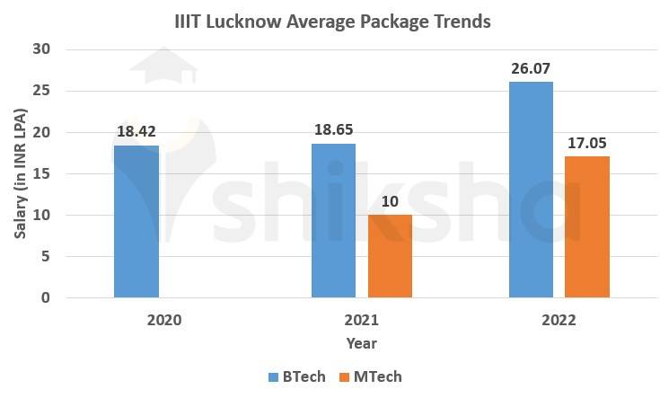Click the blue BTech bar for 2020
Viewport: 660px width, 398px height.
tap(136, 221)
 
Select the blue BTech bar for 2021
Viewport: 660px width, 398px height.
tap(333, 220)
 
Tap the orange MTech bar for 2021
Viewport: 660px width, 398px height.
tap(390, 256)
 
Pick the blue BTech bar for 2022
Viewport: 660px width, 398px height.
tap(531, 190)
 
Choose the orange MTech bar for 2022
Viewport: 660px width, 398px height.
tap(587, 226)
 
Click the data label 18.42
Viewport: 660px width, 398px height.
tap(136, 131)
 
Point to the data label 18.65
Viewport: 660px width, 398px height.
tap(333, 129)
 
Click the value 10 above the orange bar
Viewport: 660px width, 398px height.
tap(390, 200)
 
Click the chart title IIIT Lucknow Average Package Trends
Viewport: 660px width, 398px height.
tap(331, 20)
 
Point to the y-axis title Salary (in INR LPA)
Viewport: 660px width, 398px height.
tap(21, 172)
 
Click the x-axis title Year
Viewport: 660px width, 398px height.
tap(361, 343)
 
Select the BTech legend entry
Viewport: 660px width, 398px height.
tap(291, 376)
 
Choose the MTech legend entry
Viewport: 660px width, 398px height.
tap(370, 376)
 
